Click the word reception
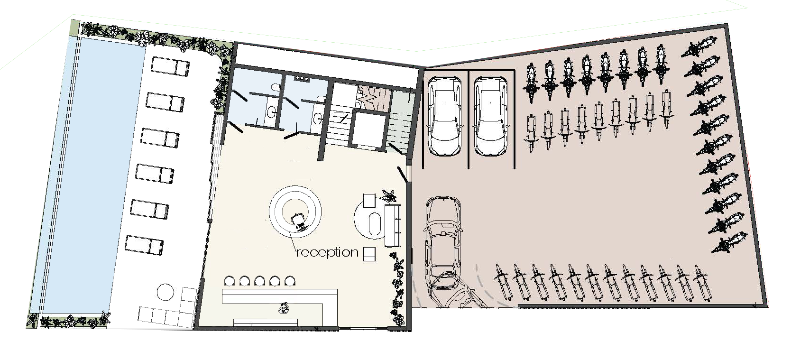[327, 252]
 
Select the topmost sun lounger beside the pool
[170, 67]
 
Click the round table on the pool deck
[165, 292]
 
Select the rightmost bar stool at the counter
[290, 281]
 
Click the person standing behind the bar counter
[284, 308]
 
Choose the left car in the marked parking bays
[445, 117]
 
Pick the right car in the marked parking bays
[490, 117]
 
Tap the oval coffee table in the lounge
[374, 223]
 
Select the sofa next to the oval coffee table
[392, 226]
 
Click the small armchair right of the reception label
[369, 254]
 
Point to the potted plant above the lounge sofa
[389, 196]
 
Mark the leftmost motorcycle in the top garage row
[530, 83]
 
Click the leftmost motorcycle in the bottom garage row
[503, 282]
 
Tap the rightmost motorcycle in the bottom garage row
[702, 283]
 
